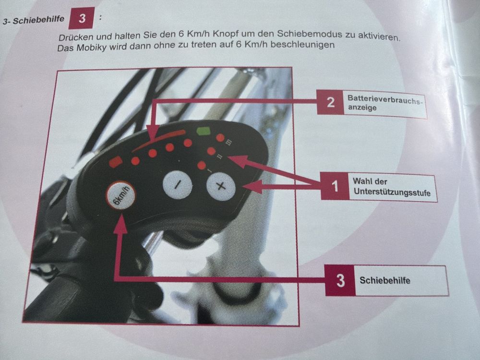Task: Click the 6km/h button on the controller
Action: coord(120,196)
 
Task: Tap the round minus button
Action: coord(177,185)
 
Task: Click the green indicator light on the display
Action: coord(204,131)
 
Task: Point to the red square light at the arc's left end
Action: coord(116,162)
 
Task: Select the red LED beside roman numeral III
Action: coord(220,138)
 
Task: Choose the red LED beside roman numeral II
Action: coord(211,151)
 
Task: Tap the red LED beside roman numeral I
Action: coord(202,166)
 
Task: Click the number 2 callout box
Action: coord(330,102)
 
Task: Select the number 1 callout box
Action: coord(335,186)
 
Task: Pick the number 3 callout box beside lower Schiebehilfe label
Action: coord(340,280)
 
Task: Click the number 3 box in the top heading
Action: coord(82,18)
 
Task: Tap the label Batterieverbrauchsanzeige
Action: coord(384,103)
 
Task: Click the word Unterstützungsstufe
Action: coord(392,192)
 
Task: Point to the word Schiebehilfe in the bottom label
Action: coord(385,280)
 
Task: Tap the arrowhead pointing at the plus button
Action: coord(253,186)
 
